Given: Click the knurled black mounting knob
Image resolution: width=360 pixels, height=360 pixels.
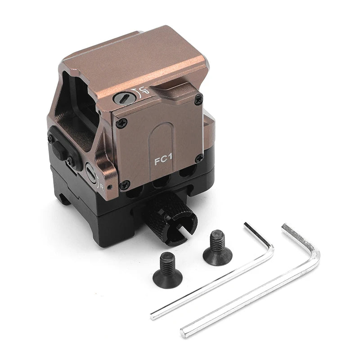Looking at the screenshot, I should pos(169,216).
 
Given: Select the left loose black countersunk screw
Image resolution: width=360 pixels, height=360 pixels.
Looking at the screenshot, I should pos(167,272).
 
